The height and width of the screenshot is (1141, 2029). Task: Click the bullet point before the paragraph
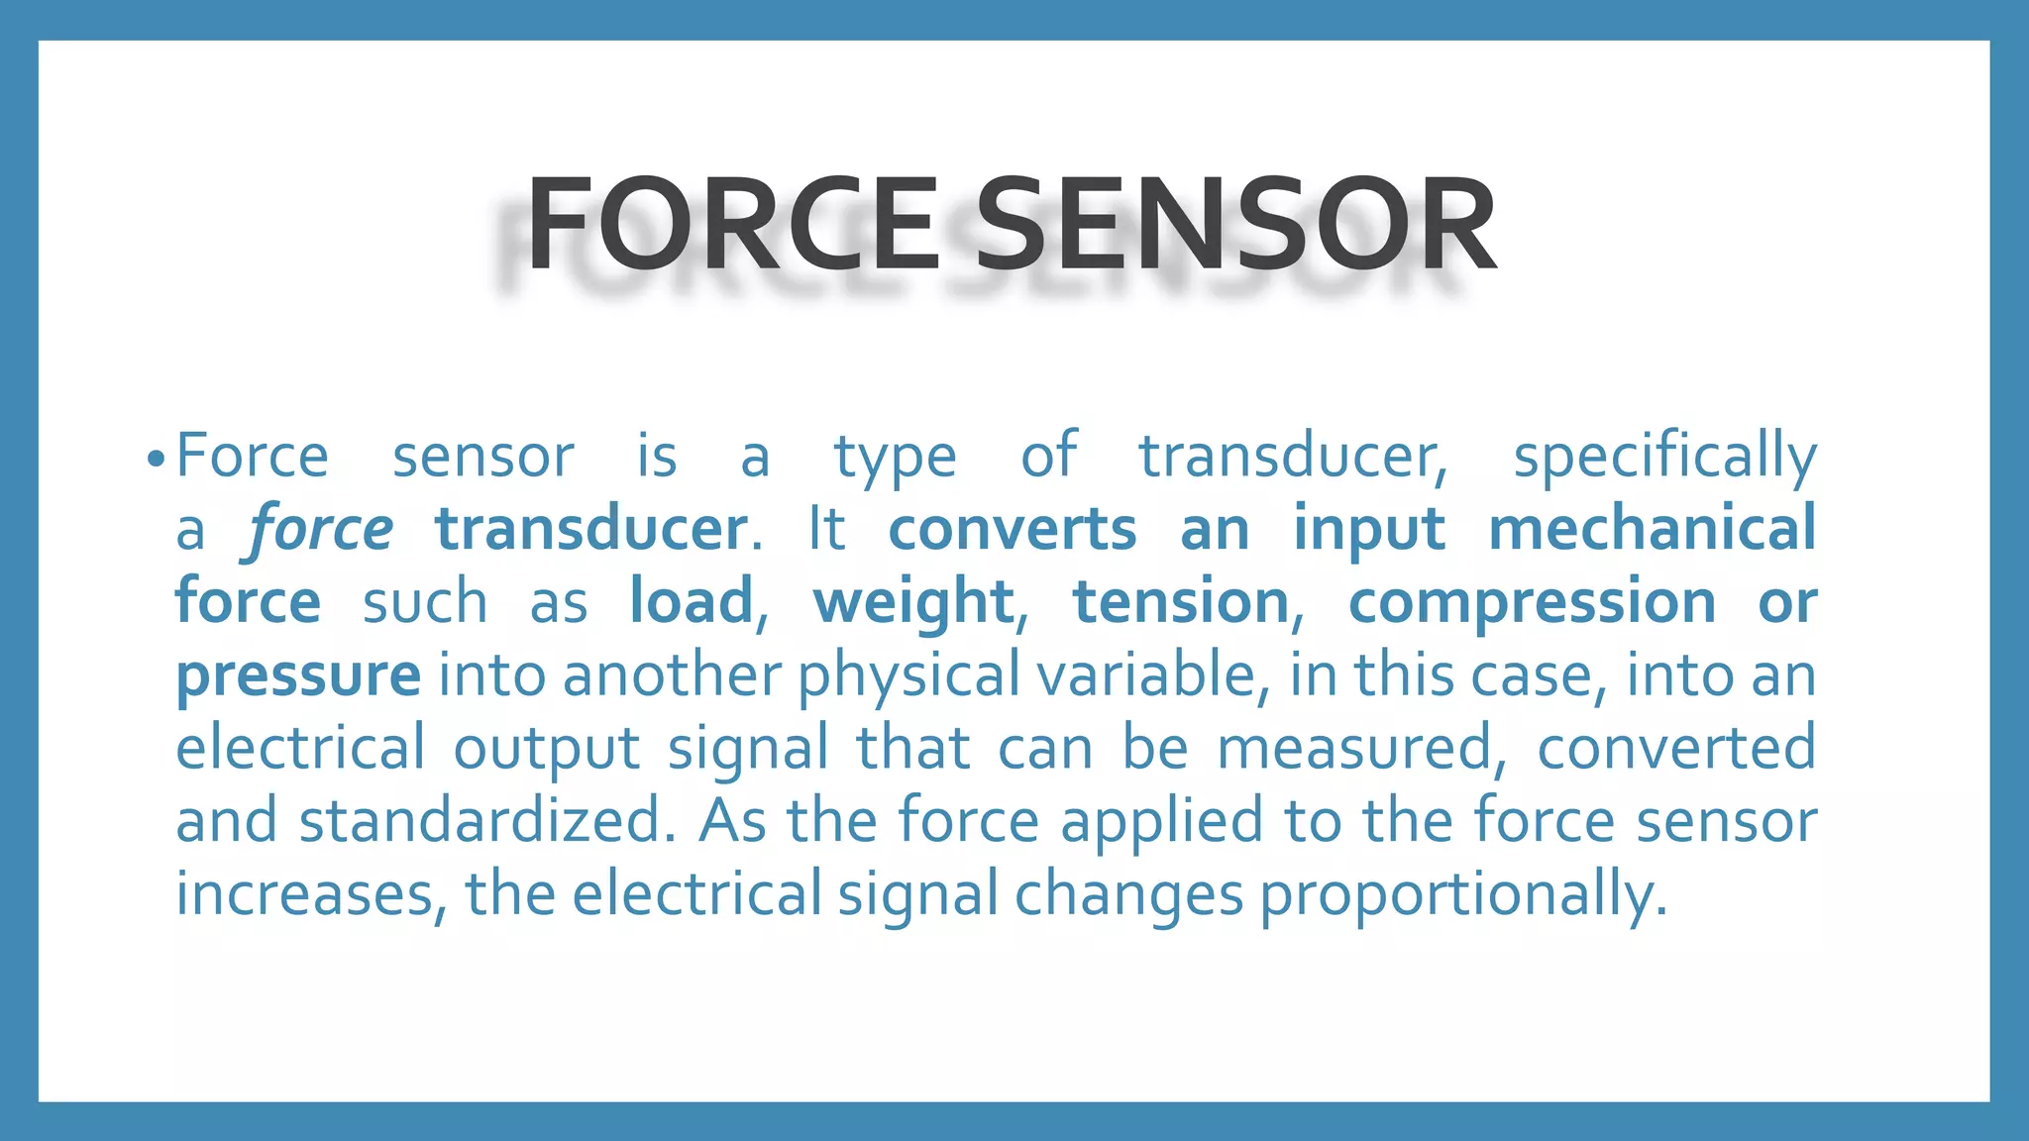154,460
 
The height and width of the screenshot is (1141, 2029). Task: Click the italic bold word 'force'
321,530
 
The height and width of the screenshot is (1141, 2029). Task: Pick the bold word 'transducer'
591,530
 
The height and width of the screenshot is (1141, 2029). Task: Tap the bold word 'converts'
1013,530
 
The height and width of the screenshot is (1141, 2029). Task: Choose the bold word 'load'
692,602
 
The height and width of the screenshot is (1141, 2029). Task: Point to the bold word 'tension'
1181,602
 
